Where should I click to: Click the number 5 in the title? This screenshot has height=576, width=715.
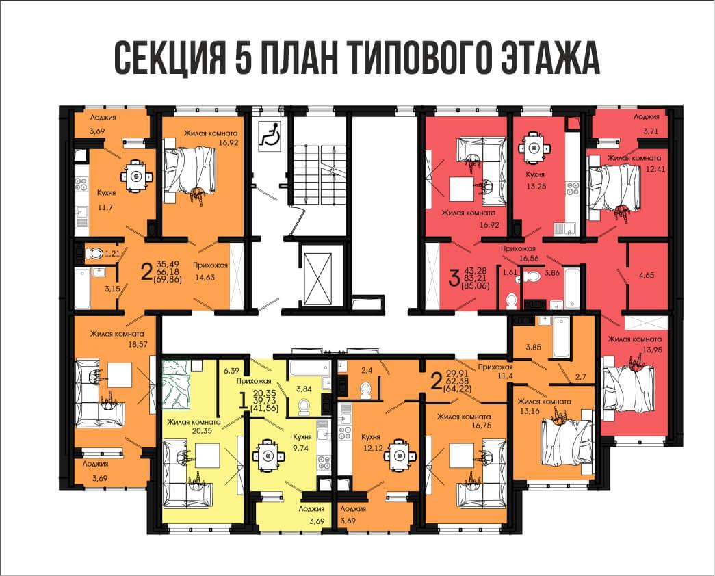[x=248, y=58]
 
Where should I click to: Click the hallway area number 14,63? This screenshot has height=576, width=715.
[x=205, y=278]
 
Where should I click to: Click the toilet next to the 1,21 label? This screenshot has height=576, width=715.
[x=96, y=254]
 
